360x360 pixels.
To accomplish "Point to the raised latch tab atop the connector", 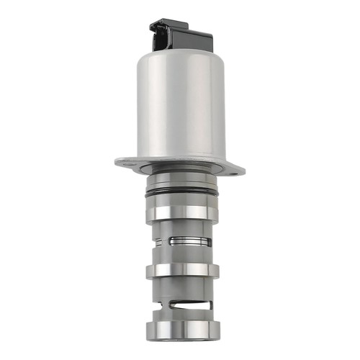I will (165, 27).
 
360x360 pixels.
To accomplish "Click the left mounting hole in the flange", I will (126, 162).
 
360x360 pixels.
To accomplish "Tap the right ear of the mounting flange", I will (235, 170).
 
